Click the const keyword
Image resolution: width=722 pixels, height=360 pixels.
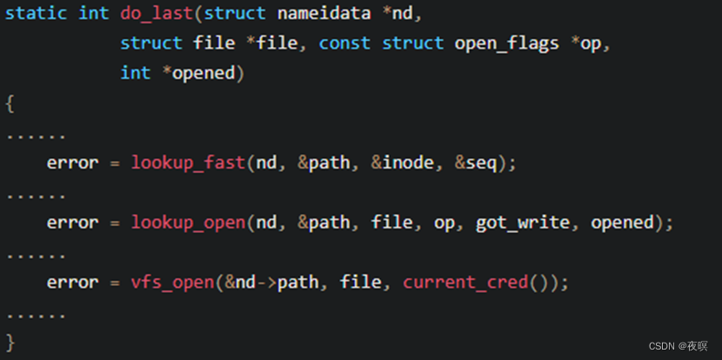coord(344,43)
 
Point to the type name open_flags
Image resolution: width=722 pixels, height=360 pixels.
coord(506,43)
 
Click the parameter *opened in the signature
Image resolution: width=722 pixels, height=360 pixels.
coord(203,73)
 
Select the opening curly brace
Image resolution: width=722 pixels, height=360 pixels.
coord(10,103)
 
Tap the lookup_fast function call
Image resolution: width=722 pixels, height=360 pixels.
coord(188,163)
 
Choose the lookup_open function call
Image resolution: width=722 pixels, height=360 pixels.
coord(188,223)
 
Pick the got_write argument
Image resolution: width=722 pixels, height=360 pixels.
coord(524,223)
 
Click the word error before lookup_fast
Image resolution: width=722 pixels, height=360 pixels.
coord(72,163)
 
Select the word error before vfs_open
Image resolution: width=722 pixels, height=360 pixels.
coord(72,283)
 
